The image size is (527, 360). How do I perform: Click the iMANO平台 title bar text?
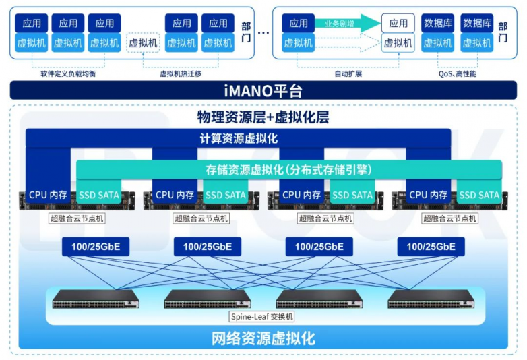[263, 91]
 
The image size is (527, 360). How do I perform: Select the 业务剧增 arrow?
[348, 23]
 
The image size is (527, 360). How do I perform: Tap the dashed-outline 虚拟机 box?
[143, 42]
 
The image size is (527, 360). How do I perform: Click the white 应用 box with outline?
[398, 23]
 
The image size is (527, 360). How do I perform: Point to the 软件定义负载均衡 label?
[68, 73]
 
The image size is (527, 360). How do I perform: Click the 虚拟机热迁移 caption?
[181, 73]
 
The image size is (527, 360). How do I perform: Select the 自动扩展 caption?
[348, 73]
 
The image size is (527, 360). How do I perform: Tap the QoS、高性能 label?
[457, 73]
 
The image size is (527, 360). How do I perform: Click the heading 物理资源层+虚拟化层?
[263, 117]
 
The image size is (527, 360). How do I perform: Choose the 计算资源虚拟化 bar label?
[239, 138]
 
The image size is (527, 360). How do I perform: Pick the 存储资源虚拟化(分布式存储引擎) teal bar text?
[289, 169]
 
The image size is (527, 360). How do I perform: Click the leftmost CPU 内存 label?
[48, 195]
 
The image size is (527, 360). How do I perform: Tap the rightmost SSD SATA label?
[479, 195]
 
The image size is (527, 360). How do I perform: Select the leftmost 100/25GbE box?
[96, 247]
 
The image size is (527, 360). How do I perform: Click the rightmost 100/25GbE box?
[431, 247]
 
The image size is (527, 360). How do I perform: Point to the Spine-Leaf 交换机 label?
[262, 316]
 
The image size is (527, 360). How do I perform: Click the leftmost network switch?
[96, 299]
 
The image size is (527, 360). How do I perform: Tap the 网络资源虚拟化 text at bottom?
[263, 338]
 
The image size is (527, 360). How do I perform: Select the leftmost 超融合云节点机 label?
[77, 218]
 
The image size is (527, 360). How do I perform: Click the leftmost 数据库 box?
[437, 23]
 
